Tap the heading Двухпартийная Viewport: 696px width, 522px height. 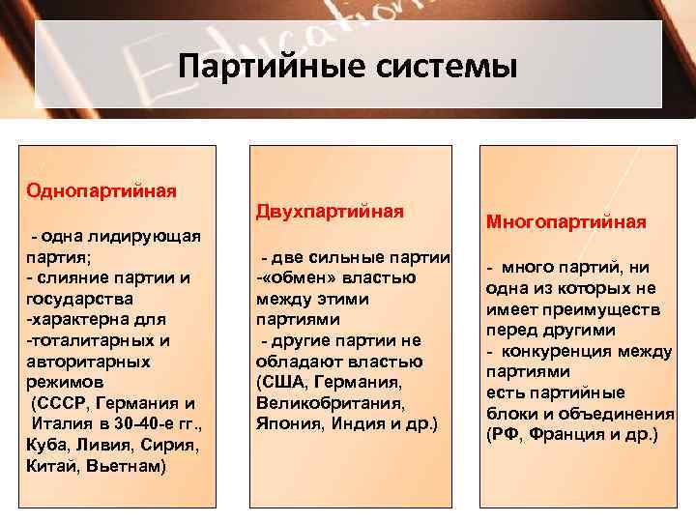coord(330,210)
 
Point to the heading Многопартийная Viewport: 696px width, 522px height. coord(565,222)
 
